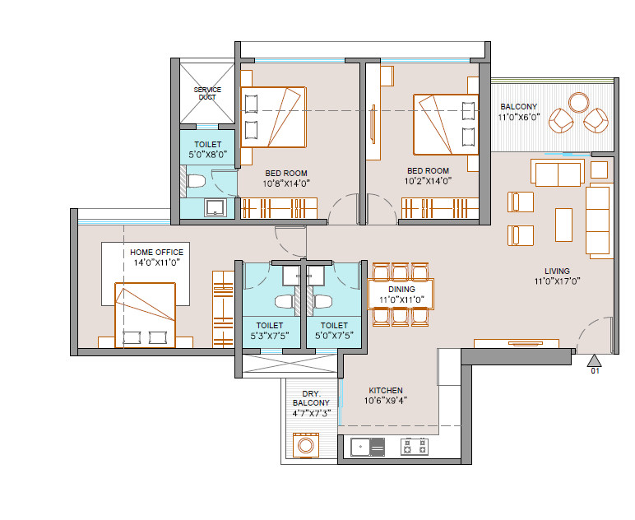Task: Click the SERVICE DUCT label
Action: [x=207, y=93]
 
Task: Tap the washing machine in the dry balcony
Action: [x=306, y=445]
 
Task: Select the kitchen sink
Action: [x=368, y=447]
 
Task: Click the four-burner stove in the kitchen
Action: [x=415, y=447]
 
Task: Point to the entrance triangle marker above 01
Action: [x=594, y=360]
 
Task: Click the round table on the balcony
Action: [x=579, y=103]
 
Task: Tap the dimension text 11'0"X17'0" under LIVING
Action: [x=557, y=281]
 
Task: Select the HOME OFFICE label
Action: [x=156, y=252]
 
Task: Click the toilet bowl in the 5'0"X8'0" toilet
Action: [x=196, y=181]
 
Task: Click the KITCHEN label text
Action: [x=386, y=390]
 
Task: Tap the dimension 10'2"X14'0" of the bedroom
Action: [x=428, y=181]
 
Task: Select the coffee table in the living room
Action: [x=563, y=225]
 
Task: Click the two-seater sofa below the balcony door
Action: [x=558, y=174]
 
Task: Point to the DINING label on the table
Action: [x=401, y=289]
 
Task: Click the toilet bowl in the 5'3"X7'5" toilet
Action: [x=285, y=302]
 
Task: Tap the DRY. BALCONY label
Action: [x=311, y=398]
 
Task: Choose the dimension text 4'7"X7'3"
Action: [x=312, y=414]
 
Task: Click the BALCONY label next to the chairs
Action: [x=518, y=106]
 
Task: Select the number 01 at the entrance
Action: [x=595, y=370]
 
